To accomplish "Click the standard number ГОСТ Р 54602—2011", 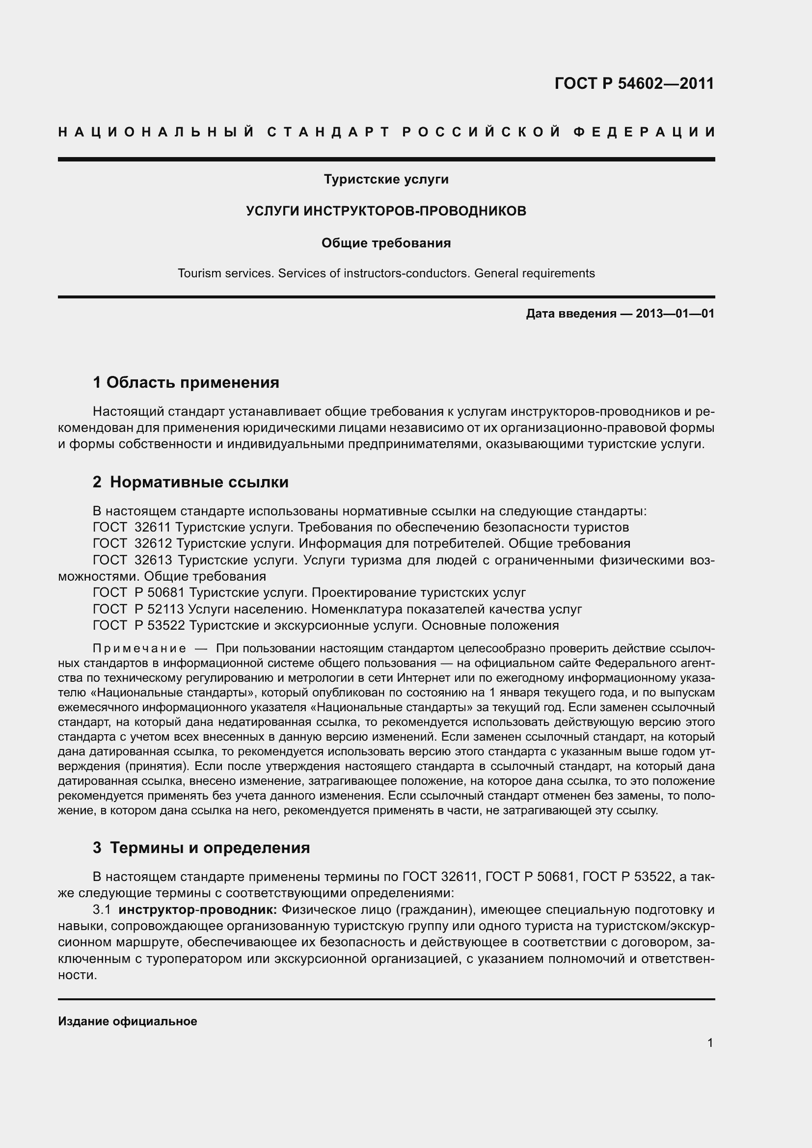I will point(634,83).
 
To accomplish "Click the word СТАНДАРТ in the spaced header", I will point(328,133).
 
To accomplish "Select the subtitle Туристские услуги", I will point(386,179).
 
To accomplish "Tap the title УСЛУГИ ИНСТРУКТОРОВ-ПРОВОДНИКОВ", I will point(386,211).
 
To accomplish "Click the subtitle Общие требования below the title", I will point(386,243).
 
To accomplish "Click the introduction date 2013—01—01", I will point(675,314).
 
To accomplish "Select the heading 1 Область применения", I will point(186,382).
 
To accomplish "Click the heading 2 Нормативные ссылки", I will point(190,482).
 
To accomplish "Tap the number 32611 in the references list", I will point(153,528).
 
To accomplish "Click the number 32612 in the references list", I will point(153,543).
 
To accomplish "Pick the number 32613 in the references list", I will point(153,560).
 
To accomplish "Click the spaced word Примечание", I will point(139,649).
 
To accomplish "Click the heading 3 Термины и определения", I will point(201,848).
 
